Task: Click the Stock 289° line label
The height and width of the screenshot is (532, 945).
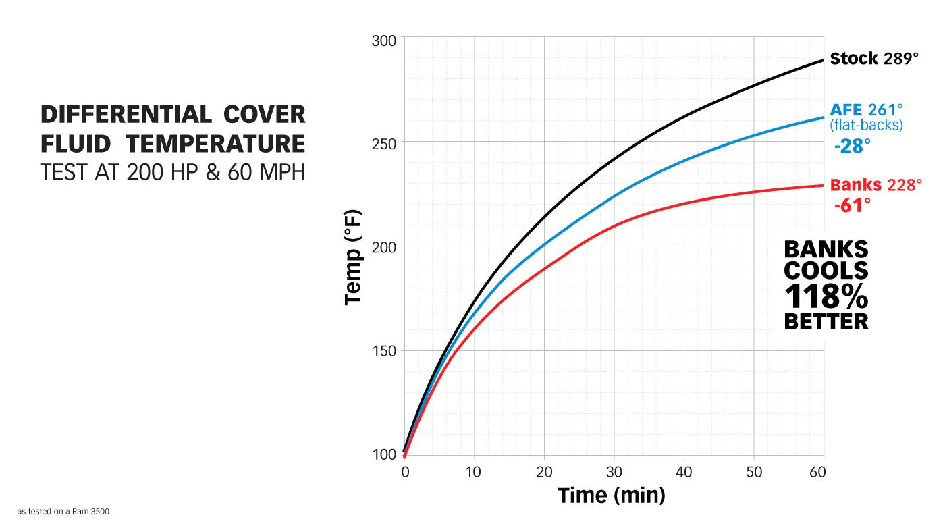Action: [874, 59]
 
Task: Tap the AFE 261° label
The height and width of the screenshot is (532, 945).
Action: [866, 110]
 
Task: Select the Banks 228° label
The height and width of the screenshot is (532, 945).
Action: [875, 185]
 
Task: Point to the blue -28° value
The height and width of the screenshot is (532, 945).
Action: [852, 145]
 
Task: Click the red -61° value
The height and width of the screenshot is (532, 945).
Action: [852, 205]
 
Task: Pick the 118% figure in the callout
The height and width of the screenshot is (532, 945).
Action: [826, 296]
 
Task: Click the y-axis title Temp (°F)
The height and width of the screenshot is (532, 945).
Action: [353, 257]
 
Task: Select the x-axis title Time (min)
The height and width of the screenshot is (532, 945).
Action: [612, 495]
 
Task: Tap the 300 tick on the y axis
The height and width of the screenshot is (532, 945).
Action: [385, 41]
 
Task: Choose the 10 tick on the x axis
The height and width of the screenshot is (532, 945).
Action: [475, 472]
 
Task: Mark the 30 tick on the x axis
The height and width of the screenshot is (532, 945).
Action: [614, 472]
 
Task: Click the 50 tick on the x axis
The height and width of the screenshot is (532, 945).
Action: [754, 472]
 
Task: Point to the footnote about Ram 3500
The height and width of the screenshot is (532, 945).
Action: [63, 512]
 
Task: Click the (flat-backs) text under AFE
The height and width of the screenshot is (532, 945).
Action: [866, 125]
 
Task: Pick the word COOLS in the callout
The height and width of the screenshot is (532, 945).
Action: [826, 270]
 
